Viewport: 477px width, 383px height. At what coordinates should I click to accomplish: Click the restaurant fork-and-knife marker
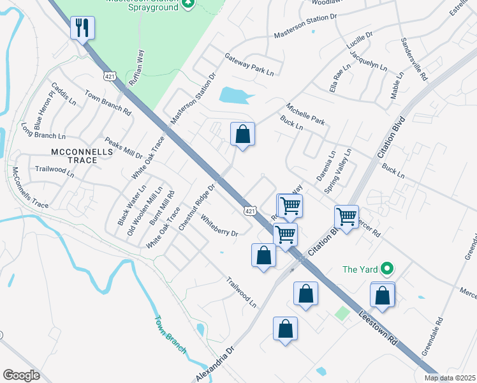83,27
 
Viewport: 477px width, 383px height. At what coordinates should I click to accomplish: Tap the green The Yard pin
386,269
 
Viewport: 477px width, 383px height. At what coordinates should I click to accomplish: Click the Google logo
21,375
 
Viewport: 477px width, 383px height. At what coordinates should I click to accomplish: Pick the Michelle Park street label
305,114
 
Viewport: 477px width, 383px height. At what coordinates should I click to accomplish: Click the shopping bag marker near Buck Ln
242,134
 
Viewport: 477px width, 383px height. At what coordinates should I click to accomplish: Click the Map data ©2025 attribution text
450,377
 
